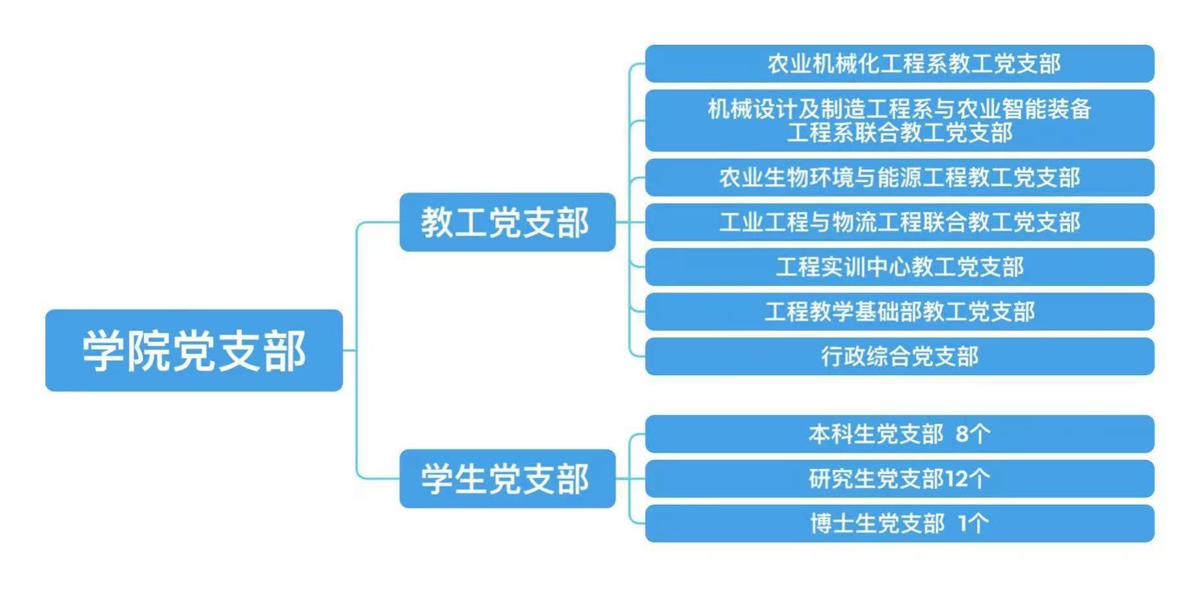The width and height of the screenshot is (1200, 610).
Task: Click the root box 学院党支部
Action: [194, 351]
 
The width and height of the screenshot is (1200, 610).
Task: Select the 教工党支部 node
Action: [507, 222]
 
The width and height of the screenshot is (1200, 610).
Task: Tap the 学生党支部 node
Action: [507, 479]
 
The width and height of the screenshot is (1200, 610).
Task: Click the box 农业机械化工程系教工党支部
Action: [899, 64]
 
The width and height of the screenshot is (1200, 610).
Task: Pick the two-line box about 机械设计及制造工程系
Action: [899, 120]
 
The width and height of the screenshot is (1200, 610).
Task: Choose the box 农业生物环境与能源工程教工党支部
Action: [899, 178]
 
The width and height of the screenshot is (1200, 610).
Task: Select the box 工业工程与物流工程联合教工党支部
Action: [899, 222]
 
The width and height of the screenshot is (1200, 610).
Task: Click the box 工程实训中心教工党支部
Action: [899, 267]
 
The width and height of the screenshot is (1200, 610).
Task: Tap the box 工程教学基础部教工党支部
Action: [899, 312]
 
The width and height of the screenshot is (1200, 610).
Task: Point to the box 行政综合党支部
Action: [899, 356]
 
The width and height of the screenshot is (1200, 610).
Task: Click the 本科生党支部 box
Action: [899, 434]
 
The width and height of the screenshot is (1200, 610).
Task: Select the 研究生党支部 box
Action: [899, 479]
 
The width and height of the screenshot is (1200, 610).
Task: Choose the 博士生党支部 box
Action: [899, 524]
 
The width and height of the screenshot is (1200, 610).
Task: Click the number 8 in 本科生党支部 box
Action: [962, 434]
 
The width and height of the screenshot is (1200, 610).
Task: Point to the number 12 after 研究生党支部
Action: [956, 479]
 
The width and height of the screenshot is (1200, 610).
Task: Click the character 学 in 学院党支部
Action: [103, 351]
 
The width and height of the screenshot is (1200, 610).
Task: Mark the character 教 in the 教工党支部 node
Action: [437, 222]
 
